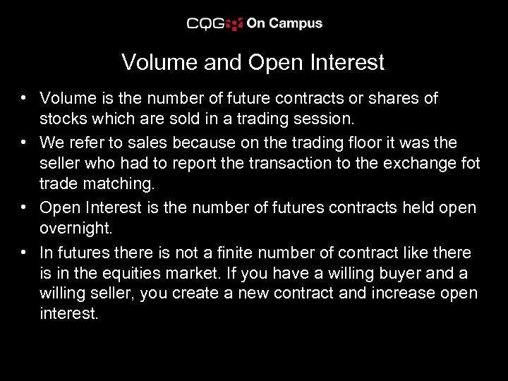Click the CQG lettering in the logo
(x=205, y=23)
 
